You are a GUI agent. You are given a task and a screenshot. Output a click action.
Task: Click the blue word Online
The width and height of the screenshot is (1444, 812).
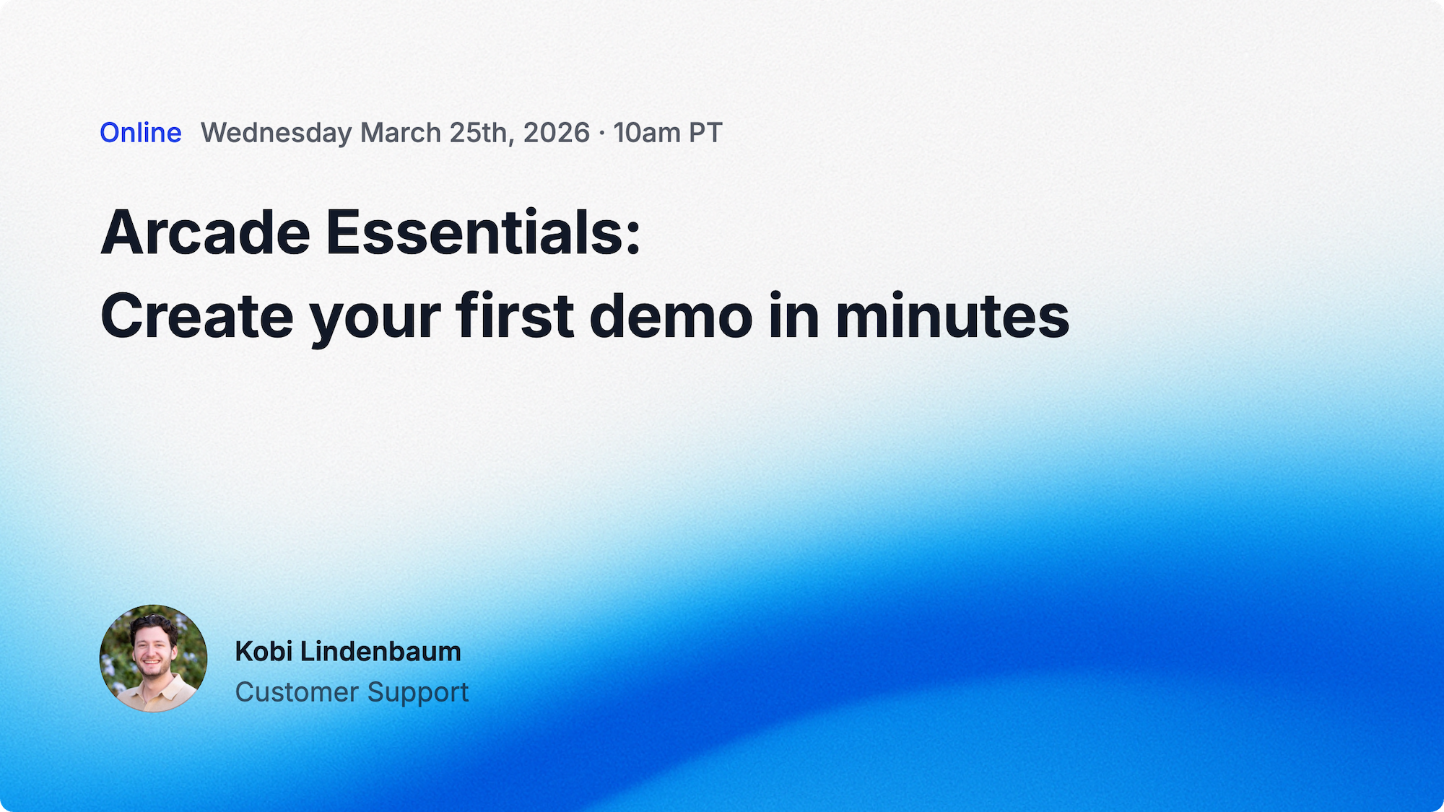click(141, 133)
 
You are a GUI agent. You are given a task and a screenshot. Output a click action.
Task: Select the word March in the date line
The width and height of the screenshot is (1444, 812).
click(401, 133)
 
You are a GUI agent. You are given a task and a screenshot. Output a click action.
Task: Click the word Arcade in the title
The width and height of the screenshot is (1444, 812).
click(206, 232)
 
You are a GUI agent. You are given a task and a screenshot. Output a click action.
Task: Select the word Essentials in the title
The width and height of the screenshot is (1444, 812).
click(483, 232)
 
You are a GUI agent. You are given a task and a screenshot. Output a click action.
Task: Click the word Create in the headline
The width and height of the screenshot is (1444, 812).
click(197, 316)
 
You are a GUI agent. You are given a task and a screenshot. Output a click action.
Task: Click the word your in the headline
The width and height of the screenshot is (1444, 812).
click(375, 322)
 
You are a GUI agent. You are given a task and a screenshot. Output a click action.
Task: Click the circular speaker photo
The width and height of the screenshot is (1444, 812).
click(153, 658)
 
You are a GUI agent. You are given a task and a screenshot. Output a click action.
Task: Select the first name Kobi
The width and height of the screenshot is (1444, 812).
click(264, 651)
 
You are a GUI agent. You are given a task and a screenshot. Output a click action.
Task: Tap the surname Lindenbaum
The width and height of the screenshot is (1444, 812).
click(380, 651)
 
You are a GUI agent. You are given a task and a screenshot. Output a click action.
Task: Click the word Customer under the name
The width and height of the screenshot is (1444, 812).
click(297, 691)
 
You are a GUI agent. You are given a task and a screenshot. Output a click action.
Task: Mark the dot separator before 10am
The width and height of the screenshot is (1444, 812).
click(602, 134)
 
